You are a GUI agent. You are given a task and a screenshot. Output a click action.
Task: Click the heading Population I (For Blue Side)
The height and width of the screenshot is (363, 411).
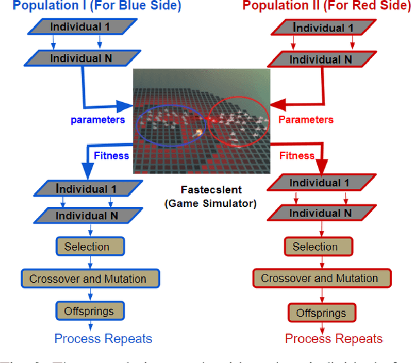pyautogui.click(x=96, y=6)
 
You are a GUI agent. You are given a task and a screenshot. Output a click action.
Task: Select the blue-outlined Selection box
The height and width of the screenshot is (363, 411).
pyautogui.click(x=87, y=247)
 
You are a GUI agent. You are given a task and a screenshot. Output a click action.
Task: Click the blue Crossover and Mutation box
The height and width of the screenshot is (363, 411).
pyautogui.click(x=88, y=278)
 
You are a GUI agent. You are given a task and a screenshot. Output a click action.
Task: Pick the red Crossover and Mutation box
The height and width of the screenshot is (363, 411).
pyautogui.click(x=319, y=278)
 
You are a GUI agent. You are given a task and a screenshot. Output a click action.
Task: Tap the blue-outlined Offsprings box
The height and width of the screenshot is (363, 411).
pyautogui.click(x=89, y=311)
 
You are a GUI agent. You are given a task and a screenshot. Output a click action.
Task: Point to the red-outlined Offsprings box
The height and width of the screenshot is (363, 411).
pyautogui.click(x=321, y=313)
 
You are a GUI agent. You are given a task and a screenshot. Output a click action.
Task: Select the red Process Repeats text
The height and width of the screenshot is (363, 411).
pyautogui.click(x=333, y=339)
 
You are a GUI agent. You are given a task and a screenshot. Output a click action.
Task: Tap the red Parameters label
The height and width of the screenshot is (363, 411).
pyautogui.click(x=306, y=120)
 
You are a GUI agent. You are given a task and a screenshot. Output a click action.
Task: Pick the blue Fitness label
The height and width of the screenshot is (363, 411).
pyautogui.click(x=112, y=155)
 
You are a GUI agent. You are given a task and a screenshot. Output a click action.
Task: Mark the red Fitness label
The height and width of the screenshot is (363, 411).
pyautogui.click(x=297, y=155)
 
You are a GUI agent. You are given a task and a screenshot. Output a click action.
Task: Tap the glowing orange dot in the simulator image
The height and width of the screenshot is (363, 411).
pyautogui.click(x=199, y=132)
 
